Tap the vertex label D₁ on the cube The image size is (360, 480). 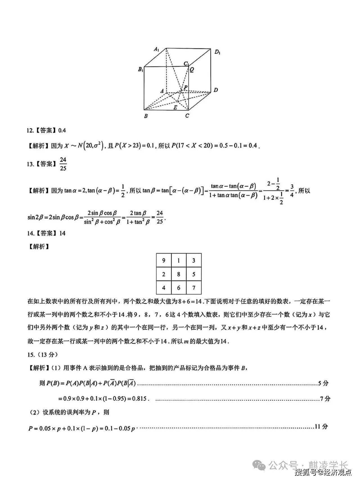[217, 52]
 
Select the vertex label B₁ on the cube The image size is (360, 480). [141, 69]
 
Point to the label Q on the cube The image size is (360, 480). [192, 70]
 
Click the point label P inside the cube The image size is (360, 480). [186, 88]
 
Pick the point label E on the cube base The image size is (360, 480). [175, 107]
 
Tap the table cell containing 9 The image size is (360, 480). [164, 261]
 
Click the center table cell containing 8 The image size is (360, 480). [179, 274]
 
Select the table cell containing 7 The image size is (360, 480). [193, 288]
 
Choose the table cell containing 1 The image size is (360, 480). [179, 261]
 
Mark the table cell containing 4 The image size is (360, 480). [164, 288]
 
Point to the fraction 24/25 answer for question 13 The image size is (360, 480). [63, 164]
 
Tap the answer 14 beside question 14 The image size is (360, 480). [62, 233]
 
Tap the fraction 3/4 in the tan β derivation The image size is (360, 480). [292, 190]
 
